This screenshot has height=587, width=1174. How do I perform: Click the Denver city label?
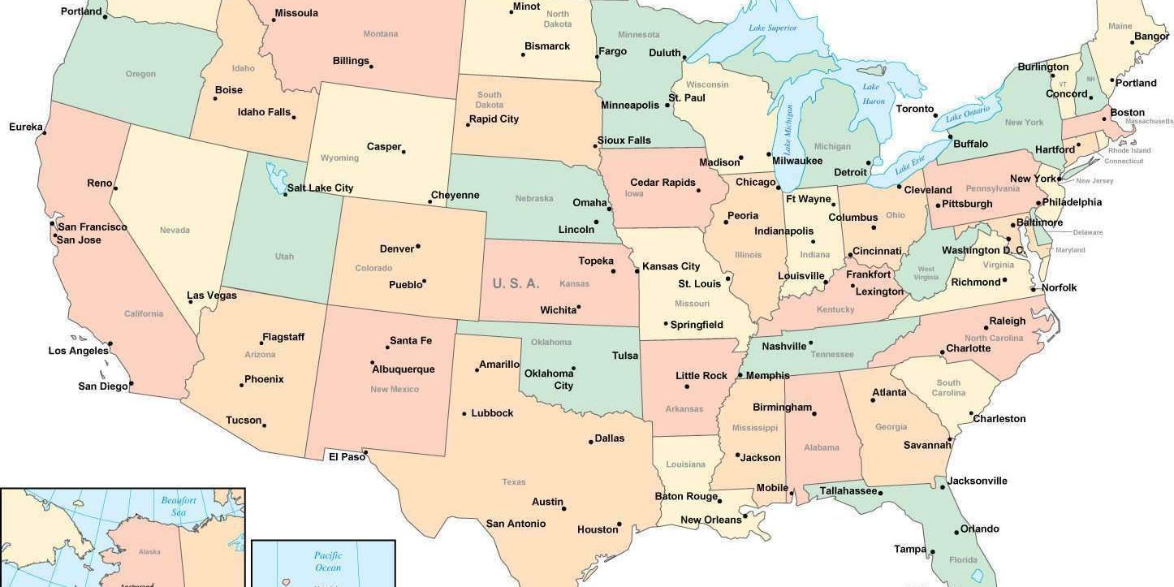(x=397, y=248)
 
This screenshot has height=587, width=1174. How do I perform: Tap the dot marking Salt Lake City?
(x=285, y=194)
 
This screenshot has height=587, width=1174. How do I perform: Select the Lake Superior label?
(x=772, y=28)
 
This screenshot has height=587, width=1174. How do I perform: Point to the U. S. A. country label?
(x=516, y=283)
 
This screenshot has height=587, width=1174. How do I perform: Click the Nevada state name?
(x=175, y=231)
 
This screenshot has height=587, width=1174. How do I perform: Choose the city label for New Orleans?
(x=710, y=520)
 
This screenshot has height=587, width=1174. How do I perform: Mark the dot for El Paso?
(x=365, y=452)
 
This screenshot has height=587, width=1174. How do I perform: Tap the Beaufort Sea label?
(x=179, y=507)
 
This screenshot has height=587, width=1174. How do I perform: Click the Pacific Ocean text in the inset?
(x=328, y=562)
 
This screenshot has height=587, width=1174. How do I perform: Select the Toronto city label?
(x=915, y=109)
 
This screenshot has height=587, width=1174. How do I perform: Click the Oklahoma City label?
(x=549, y=379)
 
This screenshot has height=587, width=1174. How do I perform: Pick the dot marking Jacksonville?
(x=943, y=486)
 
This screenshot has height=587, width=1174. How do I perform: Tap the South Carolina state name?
(x=948, y=388)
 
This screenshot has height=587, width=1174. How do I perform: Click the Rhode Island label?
(x=1129, y=150)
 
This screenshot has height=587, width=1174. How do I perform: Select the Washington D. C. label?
(x=982, y=251)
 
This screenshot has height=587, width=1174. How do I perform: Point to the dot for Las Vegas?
(x=191, y=302)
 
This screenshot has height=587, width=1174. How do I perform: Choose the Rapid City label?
(x=494, y=119)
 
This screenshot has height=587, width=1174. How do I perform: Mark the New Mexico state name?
(x=395, y=390)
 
